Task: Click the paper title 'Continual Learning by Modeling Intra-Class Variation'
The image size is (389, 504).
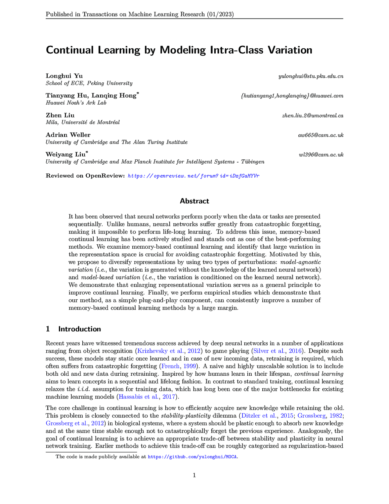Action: point(179,50)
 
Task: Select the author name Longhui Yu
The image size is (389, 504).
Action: point(64,76)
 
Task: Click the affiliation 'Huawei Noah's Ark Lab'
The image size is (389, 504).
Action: point(76,103)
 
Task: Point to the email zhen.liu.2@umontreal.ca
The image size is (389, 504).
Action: point(312,116)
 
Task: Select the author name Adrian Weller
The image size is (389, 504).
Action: point(68,135)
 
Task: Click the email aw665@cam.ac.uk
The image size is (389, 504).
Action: point(320,135)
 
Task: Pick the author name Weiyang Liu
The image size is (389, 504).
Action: point(65,154)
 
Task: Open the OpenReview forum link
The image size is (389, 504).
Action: point(193,176)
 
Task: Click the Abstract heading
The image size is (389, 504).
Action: point(194,201)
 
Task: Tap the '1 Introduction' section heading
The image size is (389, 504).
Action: point(73,329)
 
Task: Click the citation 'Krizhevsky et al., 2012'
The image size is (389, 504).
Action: point(169,351)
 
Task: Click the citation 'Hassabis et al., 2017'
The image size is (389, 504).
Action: point(147,397)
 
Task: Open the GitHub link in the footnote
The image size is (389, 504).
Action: point(193,457)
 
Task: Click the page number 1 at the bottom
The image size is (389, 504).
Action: point(194,475)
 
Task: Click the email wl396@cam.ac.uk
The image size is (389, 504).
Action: point(321,154)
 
